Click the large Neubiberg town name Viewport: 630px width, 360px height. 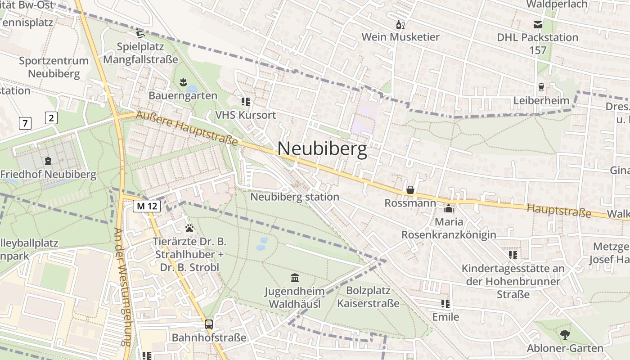322,149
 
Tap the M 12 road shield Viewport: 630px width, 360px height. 147,206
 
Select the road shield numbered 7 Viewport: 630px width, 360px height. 25,123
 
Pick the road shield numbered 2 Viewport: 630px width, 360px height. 51,118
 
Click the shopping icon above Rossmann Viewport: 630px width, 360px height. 410,190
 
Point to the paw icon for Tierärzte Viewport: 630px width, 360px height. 189,228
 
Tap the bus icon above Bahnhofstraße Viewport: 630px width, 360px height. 209,324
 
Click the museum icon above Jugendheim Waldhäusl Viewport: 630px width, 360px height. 295,277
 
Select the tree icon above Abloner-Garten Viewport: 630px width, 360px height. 565,335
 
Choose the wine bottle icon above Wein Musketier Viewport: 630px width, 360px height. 400,24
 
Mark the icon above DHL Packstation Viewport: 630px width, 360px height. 537,24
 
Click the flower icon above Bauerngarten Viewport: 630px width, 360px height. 183,82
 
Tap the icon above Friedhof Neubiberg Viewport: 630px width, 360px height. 48,161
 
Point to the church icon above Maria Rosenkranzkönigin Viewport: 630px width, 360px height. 449,208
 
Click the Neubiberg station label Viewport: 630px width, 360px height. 295,197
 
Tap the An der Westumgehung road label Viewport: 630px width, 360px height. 122,286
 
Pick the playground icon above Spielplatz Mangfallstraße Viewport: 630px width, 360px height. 140,33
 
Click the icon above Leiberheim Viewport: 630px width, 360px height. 541,87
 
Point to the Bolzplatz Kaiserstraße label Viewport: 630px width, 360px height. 368,297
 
